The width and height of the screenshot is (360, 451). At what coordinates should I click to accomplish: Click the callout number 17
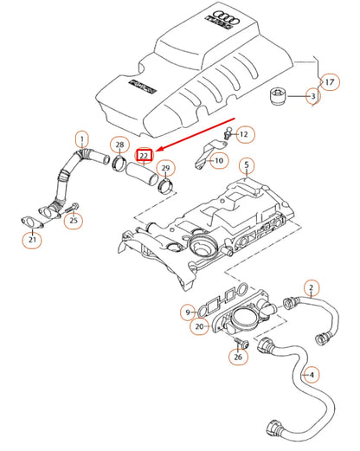click(x=329, y=82)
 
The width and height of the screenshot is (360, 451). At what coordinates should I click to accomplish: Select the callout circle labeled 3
click(x=313, y=97)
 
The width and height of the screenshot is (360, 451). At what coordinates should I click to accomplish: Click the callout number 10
click(x=218, y=160)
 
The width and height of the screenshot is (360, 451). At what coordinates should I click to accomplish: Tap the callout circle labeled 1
click(x=82, y=139)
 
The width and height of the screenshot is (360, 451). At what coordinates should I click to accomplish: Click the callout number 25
click(x=74, y=222)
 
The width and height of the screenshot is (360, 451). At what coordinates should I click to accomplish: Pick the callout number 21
click(x=31, y=240)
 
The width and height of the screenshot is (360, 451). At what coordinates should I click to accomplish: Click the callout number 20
click(x=200, y=326)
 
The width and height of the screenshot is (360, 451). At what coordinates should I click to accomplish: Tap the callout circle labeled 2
click(x=312, y=287)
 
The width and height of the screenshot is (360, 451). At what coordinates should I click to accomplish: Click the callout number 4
click(x=312, y=375)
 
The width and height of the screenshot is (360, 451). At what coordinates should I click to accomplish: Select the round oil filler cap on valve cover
click(x=205, y=246)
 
